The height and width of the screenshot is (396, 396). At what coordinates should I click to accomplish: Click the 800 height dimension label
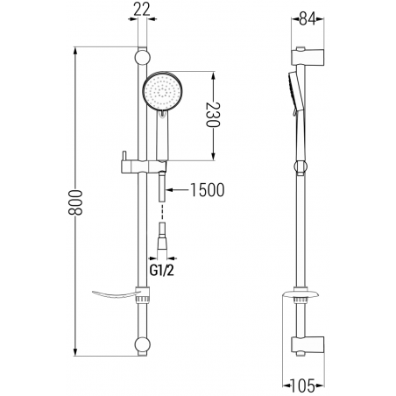[75, 202]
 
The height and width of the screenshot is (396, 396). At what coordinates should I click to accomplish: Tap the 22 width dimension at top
[142, 10]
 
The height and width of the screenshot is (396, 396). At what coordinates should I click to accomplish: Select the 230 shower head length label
[213, 115]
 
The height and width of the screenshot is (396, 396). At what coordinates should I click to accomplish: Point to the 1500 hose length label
[208, 190]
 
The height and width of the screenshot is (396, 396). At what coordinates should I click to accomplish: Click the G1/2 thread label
[162, 271]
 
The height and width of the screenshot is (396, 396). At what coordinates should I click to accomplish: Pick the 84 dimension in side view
[308, 19]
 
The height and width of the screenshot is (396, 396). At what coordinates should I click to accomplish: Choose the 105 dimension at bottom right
[302, 385]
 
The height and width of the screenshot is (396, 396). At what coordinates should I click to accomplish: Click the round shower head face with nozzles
[162, 91]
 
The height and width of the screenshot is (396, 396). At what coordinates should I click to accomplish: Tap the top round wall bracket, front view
[143, 58]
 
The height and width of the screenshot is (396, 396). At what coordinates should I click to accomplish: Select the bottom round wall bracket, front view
[143, 345]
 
